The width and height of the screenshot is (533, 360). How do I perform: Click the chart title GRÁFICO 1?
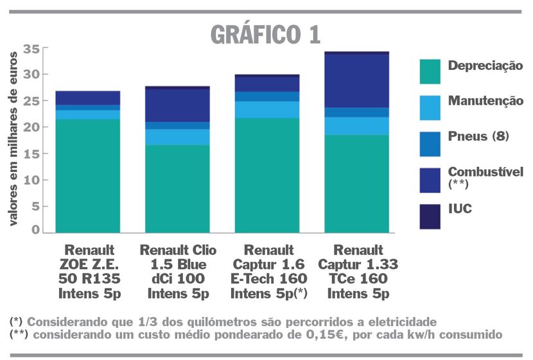265,35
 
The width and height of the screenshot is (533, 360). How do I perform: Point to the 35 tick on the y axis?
31,49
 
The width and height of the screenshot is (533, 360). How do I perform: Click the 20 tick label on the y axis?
31,128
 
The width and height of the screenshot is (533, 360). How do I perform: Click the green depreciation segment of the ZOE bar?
87,175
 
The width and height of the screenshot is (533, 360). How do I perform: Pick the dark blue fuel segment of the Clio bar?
177,105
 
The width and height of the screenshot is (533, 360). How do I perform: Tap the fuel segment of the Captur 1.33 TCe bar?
356,81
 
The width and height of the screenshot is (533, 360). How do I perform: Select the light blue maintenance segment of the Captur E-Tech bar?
266,109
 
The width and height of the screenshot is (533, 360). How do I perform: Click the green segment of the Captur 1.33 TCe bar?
356,183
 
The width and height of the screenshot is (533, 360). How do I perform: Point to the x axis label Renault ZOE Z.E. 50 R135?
90,270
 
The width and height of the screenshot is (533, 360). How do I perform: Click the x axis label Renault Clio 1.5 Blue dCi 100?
178,270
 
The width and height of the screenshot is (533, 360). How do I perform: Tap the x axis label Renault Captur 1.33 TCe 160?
358,270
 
